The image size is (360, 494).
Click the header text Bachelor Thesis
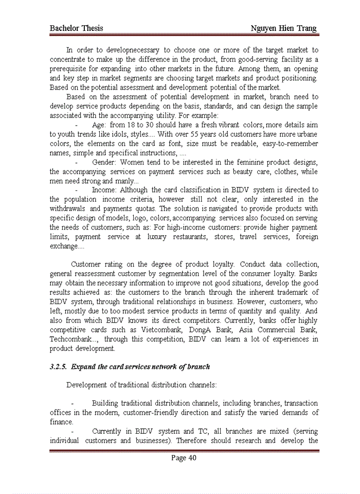tap(76, 28)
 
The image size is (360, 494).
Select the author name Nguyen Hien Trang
tap(283, 28)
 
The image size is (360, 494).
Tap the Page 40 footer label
tap(184, 458)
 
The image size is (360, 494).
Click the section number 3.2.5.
tap(59, 367)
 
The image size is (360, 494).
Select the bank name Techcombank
tap(71, 339)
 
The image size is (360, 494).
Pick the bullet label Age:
tap(99, 125)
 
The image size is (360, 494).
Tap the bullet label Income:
tap(104, 190)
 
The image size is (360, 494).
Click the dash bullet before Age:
tap(77, 125)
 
